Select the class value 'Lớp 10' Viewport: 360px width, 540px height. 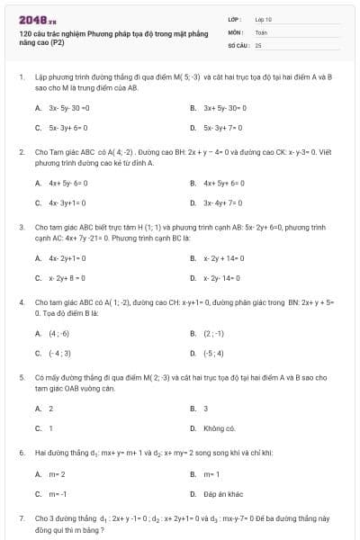pos(263,18)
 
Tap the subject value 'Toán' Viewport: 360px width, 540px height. pos(261,31)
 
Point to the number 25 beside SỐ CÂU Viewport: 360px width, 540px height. pos(258,44)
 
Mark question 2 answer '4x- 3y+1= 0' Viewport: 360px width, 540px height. pos(68,203)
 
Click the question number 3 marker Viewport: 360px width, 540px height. pos(21,229)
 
